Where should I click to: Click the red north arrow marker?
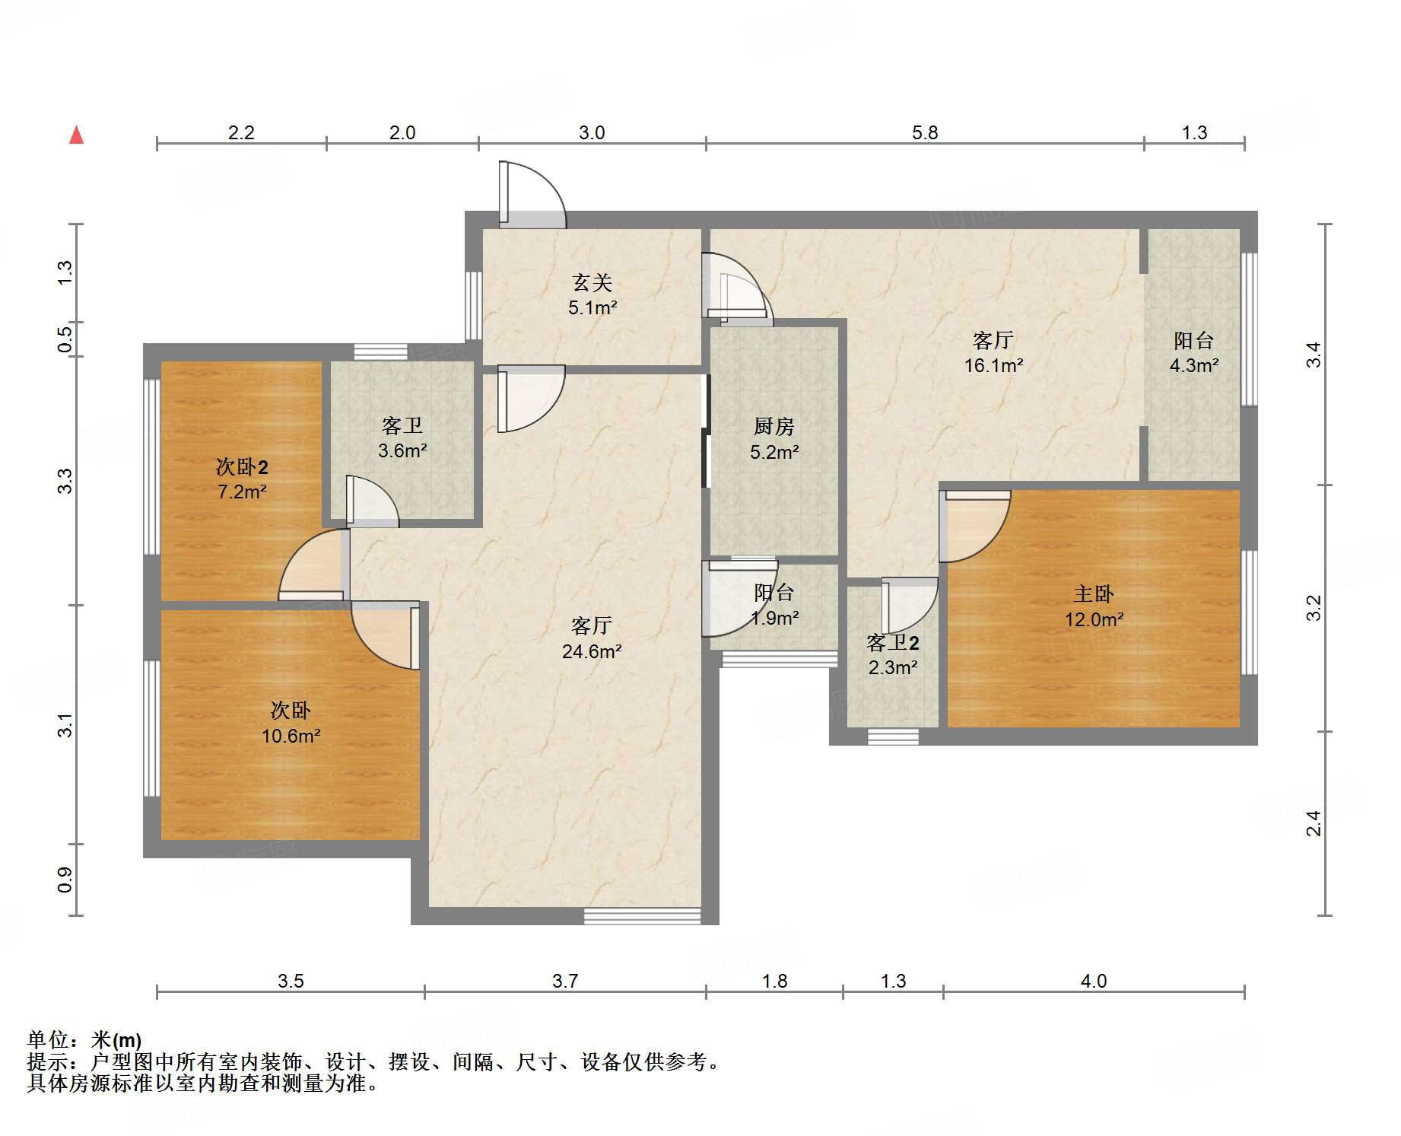coord(76,135)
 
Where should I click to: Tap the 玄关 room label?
coord(592,283)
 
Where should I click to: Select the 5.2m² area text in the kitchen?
coord(774,452)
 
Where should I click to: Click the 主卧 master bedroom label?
coord(1094,593)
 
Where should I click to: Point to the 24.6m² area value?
coord(592,651)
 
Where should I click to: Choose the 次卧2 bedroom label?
coord(242,466)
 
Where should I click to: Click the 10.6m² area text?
coord(291,736)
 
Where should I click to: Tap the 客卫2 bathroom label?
coord(893,643)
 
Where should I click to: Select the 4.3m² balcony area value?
coord(1194,365)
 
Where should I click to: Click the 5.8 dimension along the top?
coord(925,132)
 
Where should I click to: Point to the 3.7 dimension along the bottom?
coord(565,981)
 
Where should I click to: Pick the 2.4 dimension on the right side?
coord(1314,823)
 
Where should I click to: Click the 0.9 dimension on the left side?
coord(65,880)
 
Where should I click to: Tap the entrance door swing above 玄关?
coord(532,194)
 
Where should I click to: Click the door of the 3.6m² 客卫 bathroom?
coord(372,501)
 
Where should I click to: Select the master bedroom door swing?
coord(975,526)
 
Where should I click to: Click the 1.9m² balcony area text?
coord(774,618)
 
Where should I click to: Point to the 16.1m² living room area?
coord(993,365)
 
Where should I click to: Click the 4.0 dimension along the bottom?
coord(1094,981)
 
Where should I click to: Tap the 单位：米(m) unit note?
coord(84,1039)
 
